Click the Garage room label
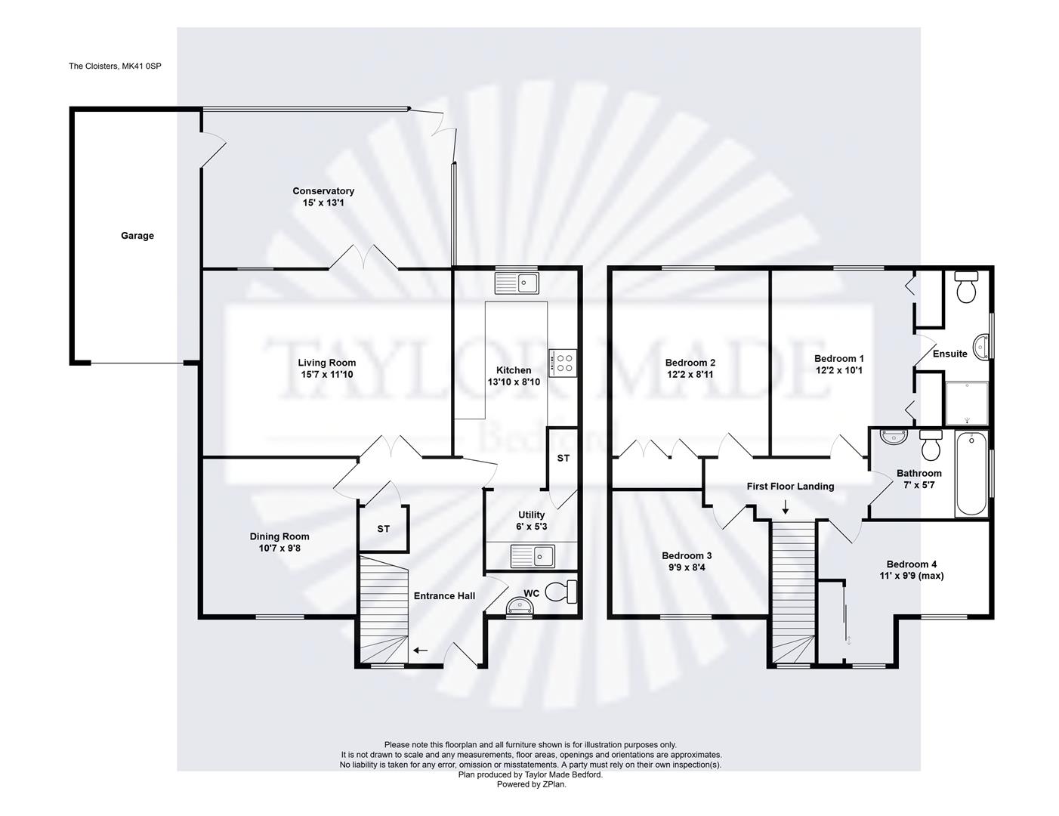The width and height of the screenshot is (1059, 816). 137,236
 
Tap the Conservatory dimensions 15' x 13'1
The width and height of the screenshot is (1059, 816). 323,202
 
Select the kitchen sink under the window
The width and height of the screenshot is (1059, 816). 517,283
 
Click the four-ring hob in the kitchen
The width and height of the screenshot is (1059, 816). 563,363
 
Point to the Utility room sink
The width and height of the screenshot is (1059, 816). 533,556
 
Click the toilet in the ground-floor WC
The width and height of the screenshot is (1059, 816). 560,592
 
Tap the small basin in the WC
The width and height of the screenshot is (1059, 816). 519,606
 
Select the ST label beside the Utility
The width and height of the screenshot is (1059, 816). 563,458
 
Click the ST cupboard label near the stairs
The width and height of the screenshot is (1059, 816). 384,529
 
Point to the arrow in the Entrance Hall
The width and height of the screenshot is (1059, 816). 421,650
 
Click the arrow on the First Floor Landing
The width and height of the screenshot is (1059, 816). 786,507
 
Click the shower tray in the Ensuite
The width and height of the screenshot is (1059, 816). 967,403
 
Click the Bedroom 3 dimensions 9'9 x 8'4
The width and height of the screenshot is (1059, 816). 687,567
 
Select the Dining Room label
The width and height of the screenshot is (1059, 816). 279,536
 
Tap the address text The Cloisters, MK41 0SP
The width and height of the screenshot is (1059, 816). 115,66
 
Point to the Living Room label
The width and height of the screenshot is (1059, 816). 327,363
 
